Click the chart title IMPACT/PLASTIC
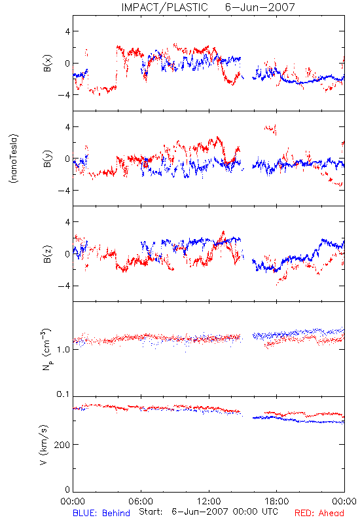[x=164, y=7]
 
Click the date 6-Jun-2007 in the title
[x=260, y=7]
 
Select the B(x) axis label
[x=48, y=63]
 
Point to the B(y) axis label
[x=48, y=159]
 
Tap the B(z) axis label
[x=48, y=254]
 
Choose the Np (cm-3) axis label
[x=46, y=349]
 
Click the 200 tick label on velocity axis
[x=62, y=445]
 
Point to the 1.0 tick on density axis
[x=63, y=350]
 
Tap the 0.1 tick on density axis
[x=63, y=394]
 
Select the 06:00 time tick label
[x=141, y=501]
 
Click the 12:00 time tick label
[x=209, y=501]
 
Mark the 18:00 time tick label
[x=277, y=501]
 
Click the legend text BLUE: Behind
[x=101, y=513]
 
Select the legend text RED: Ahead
[x=319, y=513]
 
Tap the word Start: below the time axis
[x=151, y=512]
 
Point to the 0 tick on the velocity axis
[x=67, y=489]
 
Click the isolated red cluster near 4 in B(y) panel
[x=270, y=129]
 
